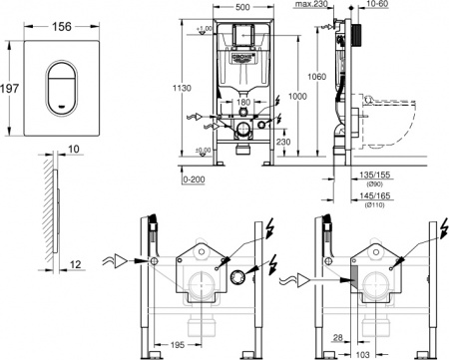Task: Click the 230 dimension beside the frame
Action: click(x=284, y=141)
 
